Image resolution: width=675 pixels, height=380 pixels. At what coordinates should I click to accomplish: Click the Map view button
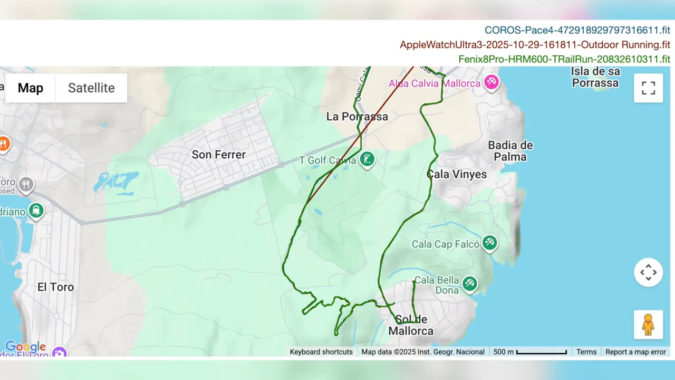pyautogui.click(x=31, y=88)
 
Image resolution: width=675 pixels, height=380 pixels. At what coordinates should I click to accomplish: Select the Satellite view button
pyautogui.click(x=91, y=88)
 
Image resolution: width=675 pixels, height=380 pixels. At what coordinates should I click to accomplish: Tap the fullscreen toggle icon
pyautogui.click(x=648, y=88)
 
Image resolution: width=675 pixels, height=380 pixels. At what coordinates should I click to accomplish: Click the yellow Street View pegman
pyautogui.click(x=648, y=325)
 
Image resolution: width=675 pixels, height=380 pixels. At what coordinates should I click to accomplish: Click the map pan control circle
pyautogui.click(x=648, y=272)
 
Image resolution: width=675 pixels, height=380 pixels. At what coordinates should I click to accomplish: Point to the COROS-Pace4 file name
pyautogui.click(x=577, y=31)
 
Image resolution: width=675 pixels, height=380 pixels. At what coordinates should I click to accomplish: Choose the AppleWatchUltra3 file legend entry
pyautogui.click(x=535, y=45)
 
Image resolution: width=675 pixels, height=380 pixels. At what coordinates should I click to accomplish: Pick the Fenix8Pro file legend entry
pyautogui.click(x=564, y=59)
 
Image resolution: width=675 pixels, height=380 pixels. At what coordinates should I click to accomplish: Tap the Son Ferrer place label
pyautogui.click(x=218, y=155)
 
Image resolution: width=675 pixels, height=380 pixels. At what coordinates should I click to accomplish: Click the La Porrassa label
pyautogui.click(x=357, y=117)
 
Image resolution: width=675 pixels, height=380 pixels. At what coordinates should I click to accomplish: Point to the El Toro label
pyautogui.click(x=55, y=287)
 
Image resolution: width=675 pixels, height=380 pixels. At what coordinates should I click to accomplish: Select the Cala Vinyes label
pyautogui.click(x=456, y=174)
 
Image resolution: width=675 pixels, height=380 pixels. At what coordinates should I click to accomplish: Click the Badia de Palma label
pyautogui.click(x=510, y=151)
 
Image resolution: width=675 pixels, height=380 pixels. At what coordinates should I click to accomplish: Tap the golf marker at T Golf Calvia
pyautogui.click(x=367, y=159)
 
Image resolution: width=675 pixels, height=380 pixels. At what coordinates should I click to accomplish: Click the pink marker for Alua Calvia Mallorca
pyautogui.click(x=491, y=82)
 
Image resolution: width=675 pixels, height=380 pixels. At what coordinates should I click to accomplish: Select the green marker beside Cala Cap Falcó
pyautogui.click(x=490, y=243)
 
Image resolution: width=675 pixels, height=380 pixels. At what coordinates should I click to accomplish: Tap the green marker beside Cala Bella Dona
pyautogui.click(x=469, y=283)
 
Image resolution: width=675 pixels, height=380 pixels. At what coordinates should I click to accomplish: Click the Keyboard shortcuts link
pyautogui.click(x=321, y=352)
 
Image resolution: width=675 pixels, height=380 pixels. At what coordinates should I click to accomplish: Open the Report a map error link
pyautogui.click(x=635, y=352)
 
